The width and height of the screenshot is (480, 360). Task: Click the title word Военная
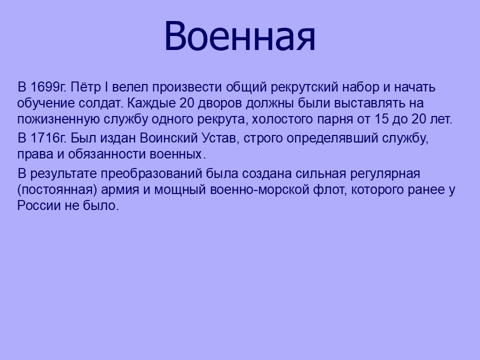click(239, 36)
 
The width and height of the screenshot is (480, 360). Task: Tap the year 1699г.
click(48, 87)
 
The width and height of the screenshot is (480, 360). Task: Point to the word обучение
click(46, 104)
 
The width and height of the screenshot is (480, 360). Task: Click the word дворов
click(219, 103)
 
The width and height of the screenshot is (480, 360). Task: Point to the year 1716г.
click(48, 138)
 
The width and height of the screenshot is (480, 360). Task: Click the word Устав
click(219, 138)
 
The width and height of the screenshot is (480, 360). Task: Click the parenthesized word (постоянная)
click(57, 190)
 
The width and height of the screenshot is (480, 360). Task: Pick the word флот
click(330, 190)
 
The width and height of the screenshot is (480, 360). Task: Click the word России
click(38, 205)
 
